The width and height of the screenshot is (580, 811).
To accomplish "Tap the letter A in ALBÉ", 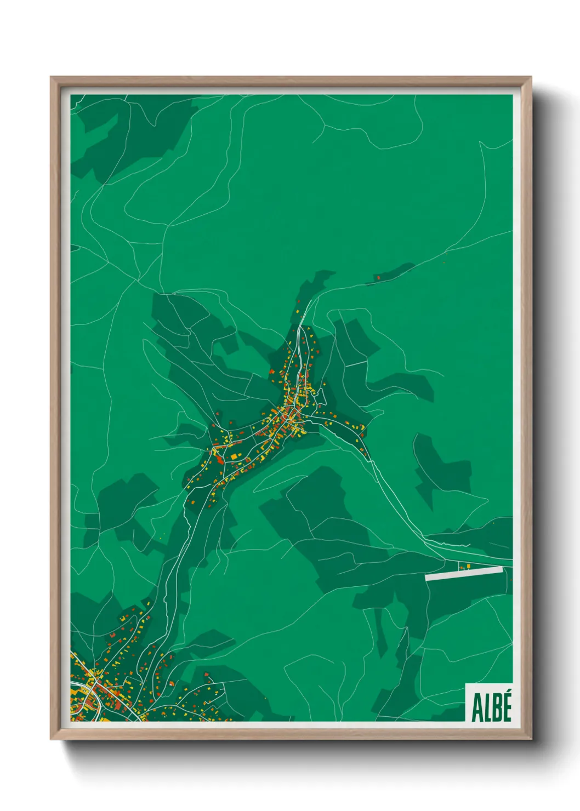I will coord(476,709).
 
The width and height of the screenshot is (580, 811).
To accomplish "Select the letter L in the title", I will coord(486,709).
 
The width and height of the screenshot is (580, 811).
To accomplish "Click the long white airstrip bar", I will coord(464,573).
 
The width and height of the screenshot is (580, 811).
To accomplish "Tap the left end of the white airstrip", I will coord(427,577).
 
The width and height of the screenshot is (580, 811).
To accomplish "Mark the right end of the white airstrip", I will coord(501,569).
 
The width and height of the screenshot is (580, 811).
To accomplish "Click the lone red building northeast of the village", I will coord(378,278).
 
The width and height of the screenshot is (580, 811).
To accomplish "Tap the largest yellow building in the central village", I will coord(234,456).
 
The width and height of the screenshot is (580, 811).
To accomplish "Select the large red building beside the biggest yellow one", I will coord(220,459).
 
